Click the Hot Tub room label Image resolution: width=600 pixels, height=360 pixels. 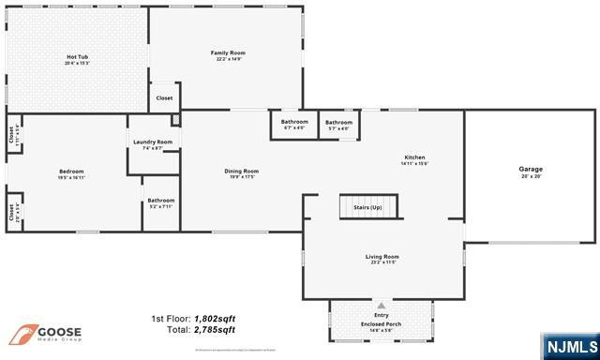pyautogui.click(x=77, y=57)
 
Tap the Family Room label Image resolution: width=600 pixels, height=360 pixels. pyautogui.click(x=228, y=52)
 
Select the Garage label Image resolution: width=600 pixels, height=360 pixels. pyautogui.click(x=531, y=169)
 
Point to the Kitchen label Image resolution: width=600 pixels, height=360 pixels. pyautogui.click(x=414, y=157)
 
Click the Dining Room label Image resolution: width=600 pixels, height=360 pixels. pyautogui.click(x=241, y=171)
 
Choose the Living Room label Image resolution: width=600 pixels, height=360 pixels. pyautogui.click(x=382, y=256)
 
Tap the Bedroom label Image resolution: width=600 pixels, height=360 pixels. pyautogui.click(x=72, y=172)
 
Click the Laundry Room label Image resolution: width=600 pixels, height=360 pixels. pyautogui.click(x=153, y=142)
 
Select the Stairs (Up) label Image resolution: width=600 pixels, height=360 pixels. pyautogui.click(x=367, y=206)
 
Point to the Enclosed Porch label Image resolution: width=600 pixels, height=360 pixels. pyautogui.click(x=381, y=324)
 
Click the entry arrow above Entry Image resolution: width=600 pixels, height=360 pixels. pyautogui.click(x=381, y=306)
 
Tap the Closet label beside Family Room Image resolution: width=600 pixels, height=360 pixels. pyautogui.click(x=164, y=97)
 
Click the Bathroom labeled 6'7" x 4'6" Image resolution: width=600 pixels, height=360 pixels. pyautogui.click(x=294, y=122)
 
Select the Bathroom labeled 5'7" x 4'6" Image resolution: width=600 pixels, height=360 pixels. pyautogui.click(x=338, y=122)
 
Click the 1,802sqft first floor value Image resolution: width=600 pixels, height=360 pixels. pyautogui.click(x=215, y=320)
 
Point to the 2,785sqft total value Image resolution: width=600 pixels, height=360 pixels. pyautogui.click(x=215, y=330)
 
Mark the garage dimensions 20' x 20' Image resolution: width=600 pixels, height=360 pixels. pyautogui.click(x=531, y=176)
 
